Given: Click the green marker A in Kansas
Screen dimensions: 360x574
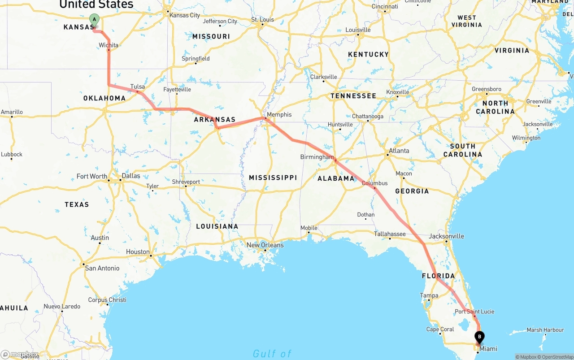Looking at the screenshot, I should [x=94, y=19].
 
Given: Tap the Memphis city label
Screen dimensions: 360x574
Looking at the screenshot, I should [x=279, y=115].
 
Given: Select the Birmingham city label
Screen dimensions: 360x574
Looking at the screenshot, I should [x=317, y=157].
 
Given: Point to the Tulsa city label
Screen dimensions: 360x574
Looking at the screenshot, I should [x=138, y=87].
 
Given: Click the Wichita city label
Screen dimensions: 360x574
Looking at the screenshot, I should [x=109, y=45].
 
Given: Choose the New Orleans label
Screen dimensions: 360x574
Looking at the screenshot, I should [x=265, y=245].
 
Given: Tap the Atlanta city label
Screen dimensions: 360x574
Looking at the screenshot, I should [x=399, y=151].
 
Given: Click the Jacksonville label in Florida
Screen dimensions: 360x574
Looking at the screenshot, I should [x=446, y=236].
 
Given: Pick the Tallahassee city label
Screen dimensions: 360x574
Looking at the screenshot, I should [x=390, y=234].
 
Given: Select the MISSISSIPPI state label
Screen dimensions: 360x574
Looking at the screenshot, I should [x=273, y=178].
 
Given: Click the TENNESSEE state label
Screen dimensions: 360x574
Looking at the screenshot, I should [x=353, y=96].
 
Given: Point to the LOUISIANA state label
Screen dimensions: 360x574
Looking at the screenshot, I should [x=217, y=226].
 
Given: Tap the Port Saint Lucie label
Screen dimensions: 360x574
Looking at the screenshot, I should [x=474, y=312].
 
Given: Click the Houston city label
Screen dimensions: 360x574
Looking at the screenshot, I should [x=138, y=252].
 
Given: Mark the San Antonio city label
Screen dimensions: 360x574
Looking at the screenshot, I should [x=102, y=268].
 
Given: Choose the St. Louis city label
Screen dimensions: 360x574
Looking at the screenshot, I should [x=262, y=20].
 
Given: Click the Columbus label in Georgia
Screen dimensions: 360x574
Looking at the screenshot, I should [x=374, y=183].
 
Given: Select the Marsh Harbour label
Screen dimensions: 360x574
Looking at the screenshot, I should [x=545, y=330].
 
